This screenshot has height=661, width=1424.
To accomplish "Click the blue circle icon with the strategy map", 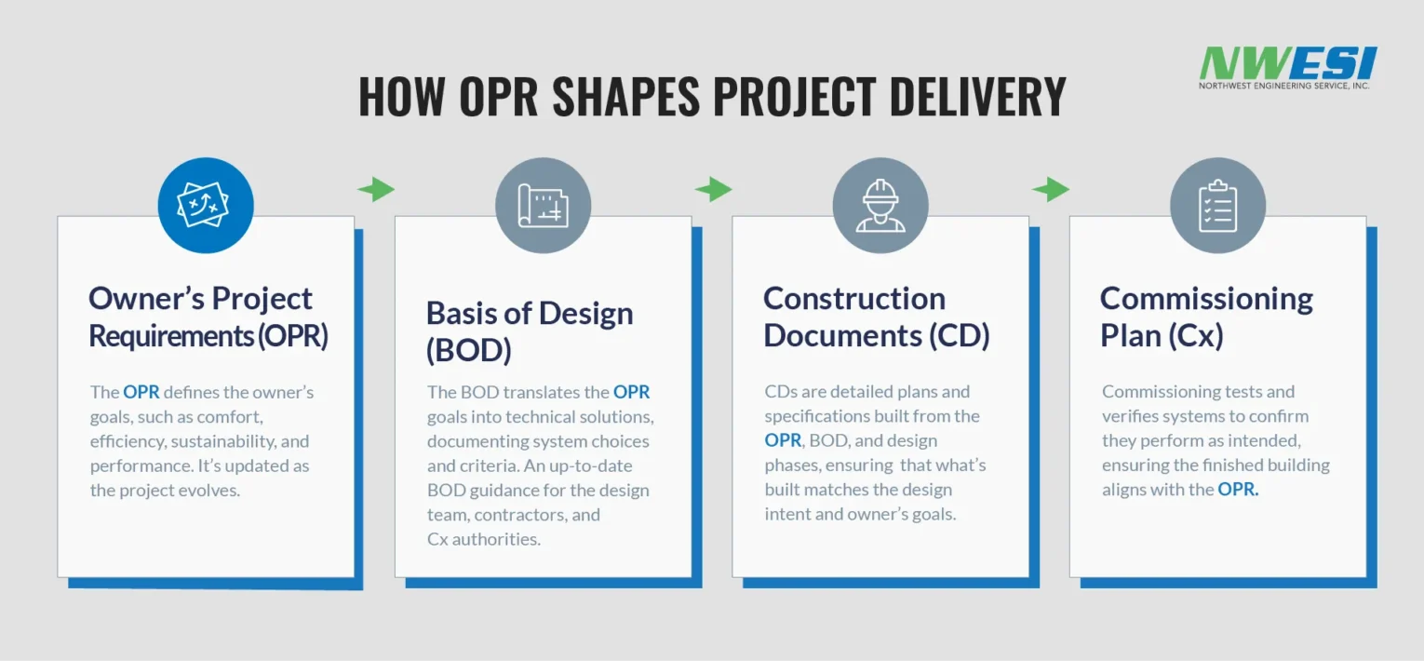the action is pos(206,205).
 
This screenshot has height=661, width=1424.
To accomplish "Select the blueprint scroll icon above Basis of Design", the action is pos(543,205).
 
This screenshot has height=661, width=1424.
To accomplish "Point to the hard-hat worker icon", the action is pos(880,205).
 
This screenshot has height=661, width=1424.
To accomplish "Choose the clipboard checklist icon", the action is pos(1218,205).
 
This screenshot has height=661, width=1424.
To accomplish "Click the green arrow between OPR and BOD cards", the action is pos(376,189).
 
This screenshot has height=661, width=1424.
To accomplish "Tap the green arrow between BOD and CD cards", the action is pos(713,189).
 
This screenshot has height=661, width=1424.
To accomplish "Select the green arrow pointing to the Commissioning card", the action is pos(1050,189).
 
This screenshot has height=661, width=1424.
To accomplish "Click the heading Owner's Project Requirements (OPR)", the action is pos(208,317).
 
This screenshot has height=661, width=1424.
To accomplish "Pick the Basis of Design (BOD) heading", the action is pos(530,331).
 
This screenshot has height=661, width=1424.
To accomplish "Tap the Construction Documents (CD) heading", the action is pos(877,317).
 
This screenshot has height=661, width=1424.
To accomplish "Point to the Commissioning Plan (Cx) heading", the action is pos(1206,317).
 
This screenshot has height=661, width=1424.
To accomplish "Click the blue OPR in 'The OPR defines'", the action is pos(141,392).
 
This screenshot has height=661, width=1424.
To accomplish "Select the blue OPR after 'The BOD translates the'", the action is pos(631,392).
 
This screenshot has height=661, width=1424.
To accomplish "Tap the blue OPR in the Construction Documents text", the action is pos(783,440).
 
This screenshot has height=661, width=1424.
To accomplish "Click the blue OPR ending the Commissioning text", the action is pos(1238,489).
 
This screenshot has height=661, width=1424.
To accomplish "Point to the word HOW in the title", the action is pos(401,97).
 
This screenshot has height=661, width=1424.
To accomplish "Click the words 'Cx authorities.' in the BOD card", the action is pos(484,539).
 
